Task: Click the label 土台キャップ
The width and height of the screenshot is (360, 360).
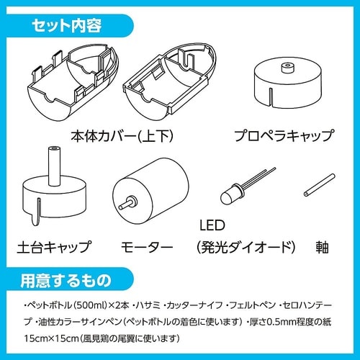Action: pyautogui.click(x=53, y=247)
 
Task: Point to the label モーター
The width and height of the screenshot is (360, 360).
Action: pyautogui.click(x=144, y=247)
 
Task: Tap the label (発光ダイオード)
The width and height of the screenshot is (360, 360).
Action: pyautogui.click(x=246, y=247)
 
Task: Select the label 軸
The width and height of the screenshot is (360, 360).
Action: pyautogui.click(x=322, y=247)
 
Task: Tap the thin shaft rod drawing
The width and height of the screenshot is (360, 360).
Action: pyautogui.click(x=320, y=185)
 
